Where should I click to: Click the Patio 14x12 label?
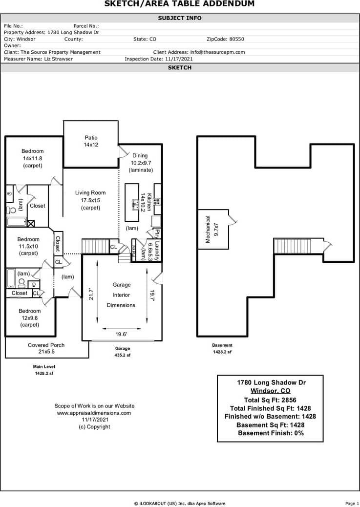click(x=91, y=141)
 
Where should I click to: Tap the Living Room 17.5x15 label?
click(x=90, y=200)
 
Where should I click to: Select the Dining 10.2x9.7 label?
click(x=140, y=163)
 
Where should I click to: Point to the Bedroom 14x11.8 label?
click(x=33, y=158)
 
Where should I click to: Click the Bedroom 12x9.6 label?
click(x=30, y=317)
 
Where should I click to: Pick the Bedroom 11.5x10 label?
click(x=28, y=246)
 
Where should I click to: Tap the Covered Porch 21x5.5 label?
click(x=46, y=348)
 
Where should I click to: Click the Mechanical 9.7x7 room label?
click(x=212, y=229)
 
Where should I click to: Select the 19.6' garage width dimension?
click(x=122, y=335)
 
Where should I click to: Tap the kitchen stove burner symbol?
click(x=158, y=201)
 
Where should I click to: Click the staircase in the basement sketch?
click(x=298, y=246)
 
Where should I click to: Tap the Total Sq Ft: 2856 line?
click(x=270, y=400)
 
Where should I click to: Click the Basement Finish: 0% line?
click(x=270, y=433)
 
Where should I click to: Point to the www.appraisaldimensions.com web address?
click(x=94, y=413)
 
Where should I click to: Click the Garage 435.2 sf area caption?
click(x=122, y=352)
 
